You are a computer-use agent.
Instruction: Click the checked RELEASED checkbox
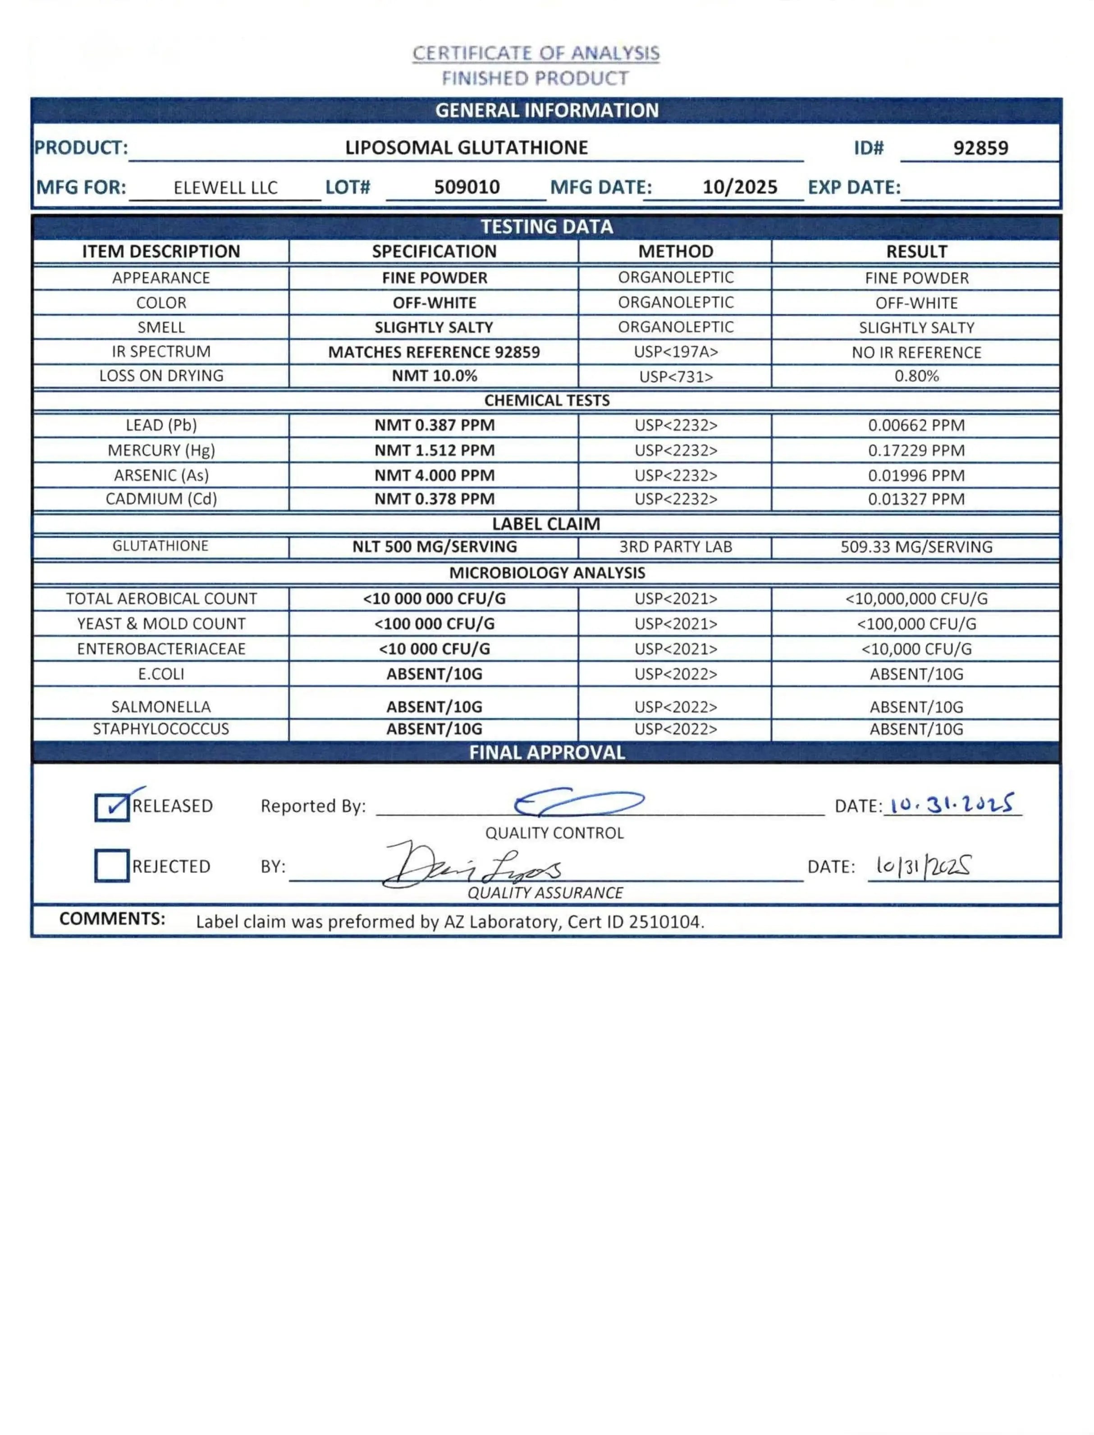click(111, 807)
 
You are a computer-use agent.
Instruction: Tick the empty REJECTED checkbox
click(111, 866)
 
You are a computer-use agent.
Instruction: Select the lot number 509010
click(467, 187)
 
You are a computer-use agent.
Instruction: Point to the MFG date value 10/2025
click(740, 187)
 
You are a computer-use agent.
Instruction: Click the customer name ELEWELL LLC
click(225, 188)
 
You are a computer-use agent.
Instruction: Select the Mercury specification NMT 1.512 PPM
click(435, 450)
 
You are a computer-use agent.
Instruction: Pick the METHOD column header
click(675, 252)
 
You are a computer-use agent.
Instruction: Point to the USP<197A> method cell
click(675, 352)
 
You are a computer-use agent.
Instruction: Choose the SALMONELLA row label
click(161, 707)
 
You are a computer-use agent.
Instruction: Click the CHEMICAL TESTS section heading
click(546, 400)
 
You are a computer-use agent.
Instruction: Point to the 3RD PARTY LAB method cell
click(675, 546)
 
